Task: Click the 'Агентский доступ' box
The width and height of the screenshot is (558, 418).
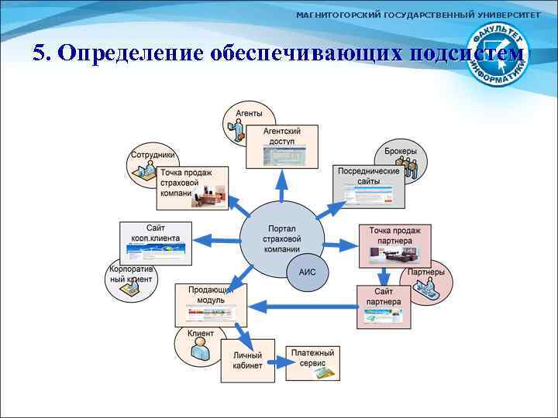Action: point(282,147)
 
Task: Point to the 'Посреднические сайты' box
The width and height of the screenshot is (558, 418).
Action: point(369,186)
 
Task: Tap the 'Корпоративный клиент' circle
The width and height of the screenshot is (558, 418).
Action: point(131,282)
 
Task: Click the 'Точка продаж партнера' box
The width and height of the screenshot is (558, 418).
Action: point(394,245)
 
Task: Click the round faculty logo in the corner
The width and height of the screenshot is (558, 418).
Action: point(501,55)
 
